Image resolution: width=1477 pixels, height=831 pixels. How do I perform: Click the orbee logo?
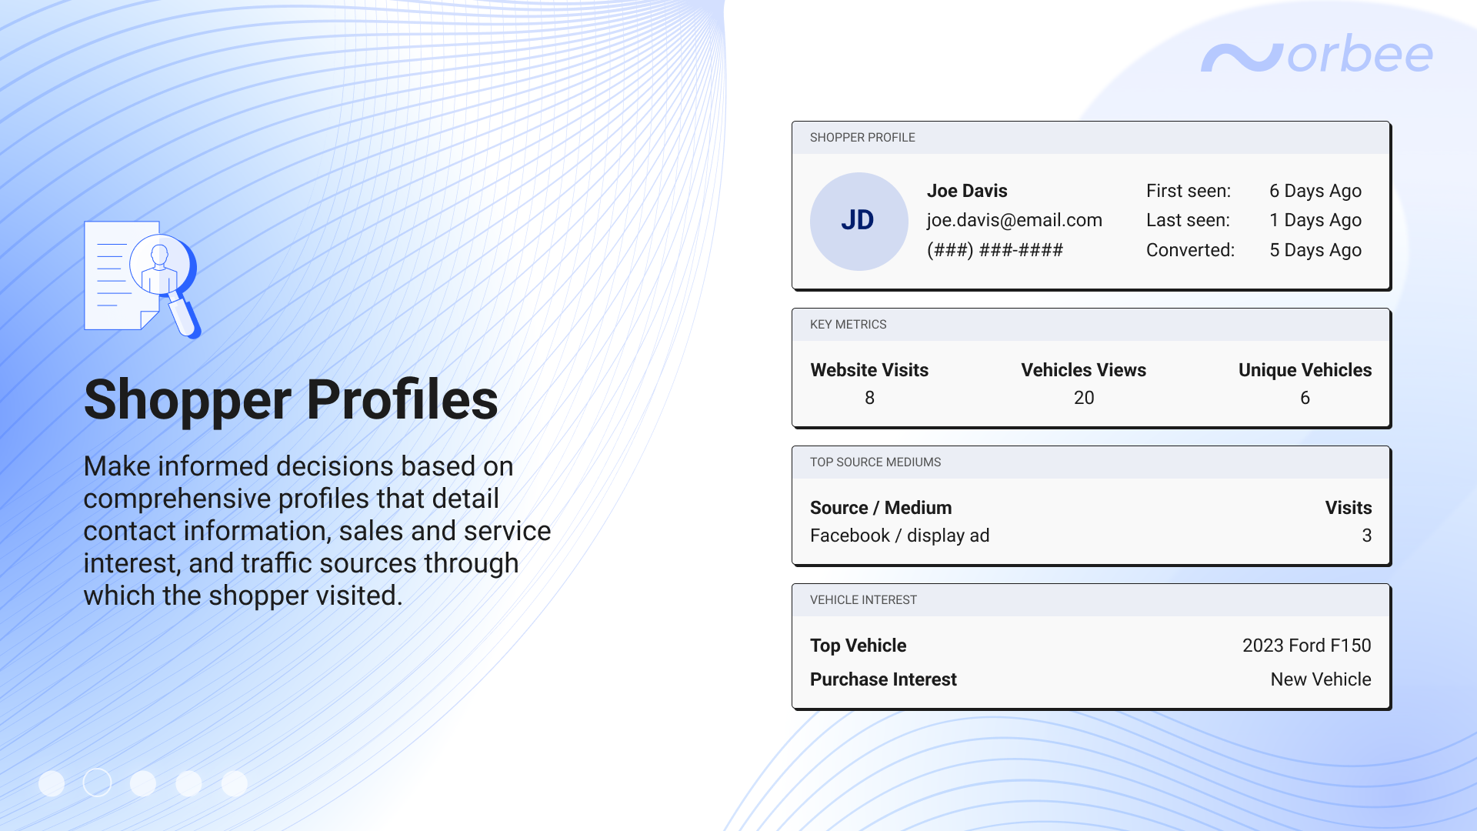(x=1316, y=55)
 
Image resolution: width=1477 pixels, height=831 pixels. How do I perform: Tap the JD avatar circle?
(x=859, y=221)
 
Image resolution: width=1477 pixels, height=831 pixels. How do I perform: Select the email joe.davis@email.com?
(x=1014, y=220)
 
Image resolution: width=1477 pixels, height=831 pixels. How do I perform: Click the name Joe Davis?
(x=966, y=191)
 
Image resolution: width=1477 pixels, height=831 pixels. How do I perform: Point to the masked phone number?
(x=995, y=250)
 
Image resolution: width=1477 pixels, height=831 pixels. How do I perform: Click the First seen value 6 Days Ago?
(x=1315, y=191)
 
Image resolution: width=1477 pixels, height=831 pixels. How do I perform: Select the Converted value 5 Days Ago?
(x=1315, y=250)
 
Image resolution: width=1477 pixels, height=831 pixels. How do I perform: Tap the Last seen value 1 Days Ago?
(x=1315, y=220)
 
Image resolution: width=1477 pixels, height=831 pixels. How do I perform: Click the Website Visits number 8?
(x=869, y=398)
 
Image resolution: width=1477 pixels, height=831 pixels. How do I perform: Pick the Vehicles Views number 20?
(x=1083, y=398)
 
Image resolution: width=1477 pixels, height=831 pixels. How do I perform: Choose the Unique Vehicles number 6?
(x=1305, y=398)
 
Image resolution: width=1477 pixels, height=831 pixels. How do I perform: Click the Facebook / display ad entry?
(x=899, y=536)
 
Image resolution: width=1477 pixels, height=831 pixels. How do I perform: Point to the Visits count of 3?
(x=1366, y=536)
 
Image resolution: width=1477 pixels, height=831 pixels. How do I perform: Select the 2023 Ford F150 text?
(x=1306, y=646)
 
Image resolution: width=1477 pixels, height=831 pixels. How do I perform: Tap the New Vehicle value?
(x=1320, y=679)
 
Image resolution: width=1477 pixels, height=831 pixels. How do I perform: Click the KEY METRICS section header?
(x=848, y=325)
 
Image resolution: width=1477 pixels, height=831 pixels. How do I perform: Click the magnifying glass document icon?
(x=142, y=279)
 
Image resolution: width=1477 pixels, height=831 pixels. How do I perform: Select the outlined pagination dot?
(x=97, y=783)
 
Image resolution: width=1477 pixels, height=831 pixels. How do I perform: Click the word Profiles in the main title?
(x=402, y=400)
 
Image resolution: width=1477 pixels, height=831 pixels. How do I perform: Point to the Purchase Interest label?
(x=883, y=679)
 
